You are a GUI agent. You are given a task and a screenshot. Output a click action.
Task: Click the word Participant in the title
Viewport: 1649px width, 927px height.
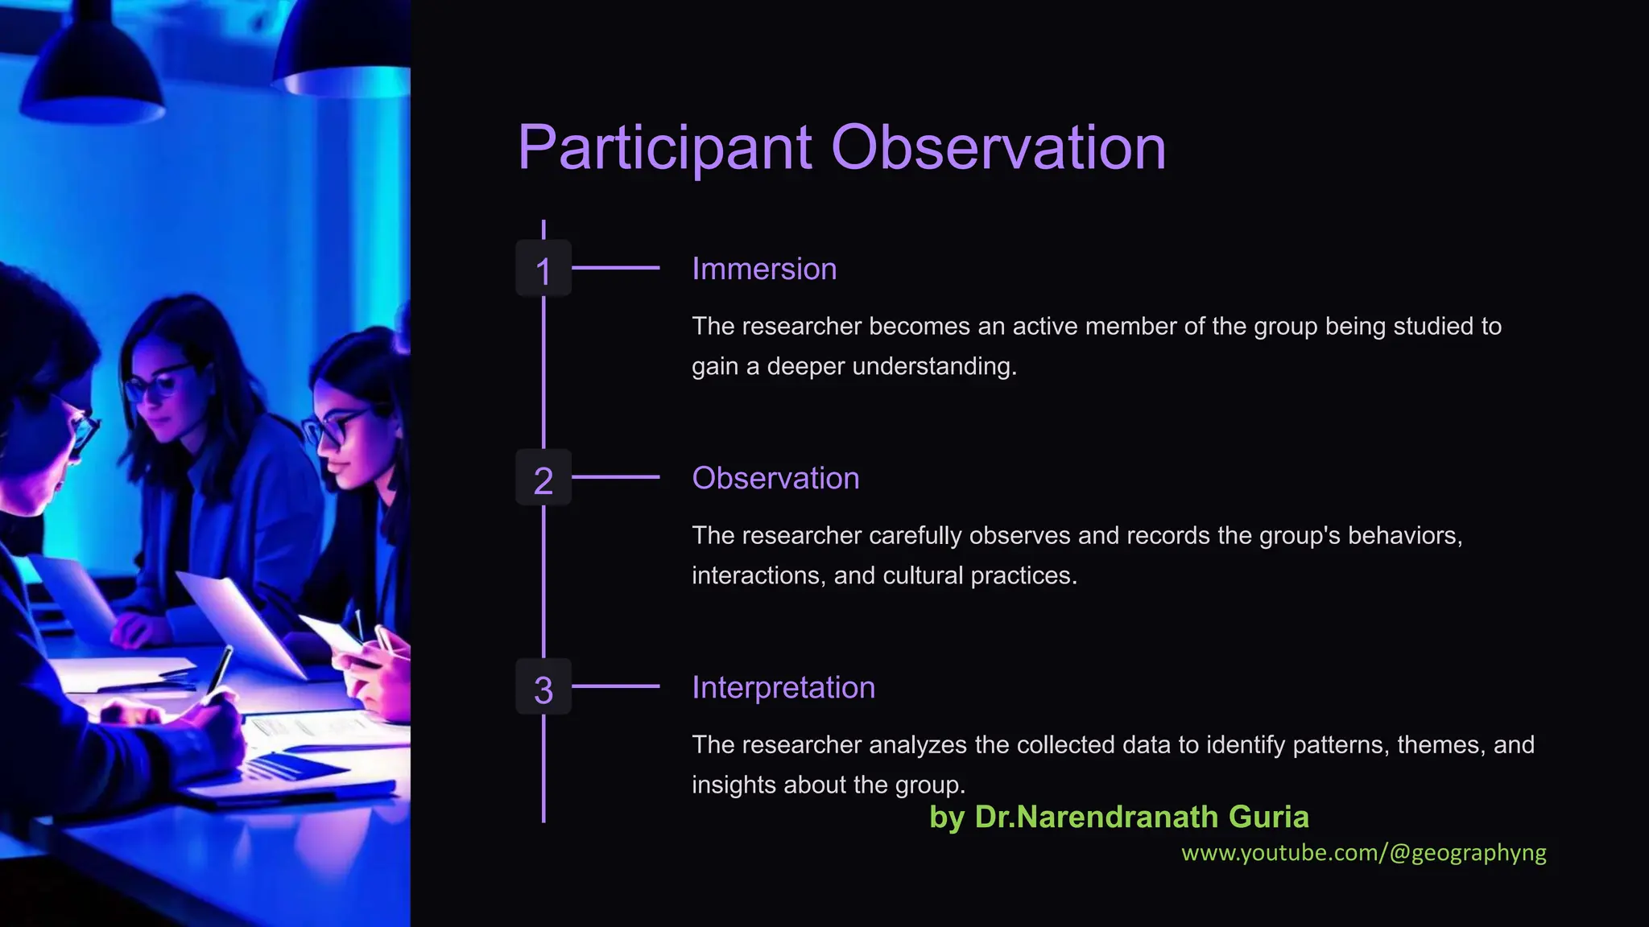click(664, 149)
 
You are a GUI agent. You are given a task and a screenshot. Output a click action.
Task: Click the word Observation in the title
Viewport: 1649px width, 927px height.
click(998, 149)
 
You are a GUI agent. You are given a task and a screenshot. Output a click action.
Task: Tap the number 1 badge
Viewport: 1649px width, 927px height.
click(543, 270)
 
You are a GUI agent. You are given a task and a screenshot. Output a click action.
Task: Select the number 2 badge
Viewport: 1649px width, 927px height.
click(543, 479)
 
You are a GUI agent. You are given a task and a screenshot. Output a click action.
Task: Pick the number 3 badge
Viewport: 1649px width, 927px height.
click(543, 688)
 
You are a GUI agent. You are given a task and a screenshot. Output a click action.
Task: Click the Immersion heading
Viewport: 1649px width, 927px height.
click(764, 269)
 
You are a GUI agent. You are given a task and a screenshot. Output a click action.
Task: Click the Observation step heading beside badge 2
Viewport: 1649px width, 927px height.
click(775, 478)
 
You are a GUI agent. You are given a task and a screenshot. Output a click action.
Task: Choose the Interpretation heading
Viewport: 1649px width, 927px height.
click(783, 687)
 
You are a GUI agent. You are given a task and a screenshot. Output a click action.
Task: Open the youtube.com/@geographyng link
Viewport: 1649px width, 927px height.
click(1363, 853)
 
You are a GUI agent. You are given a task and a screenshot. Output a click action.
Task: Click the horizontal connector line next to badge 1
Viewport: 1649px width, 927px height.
click(616, 267)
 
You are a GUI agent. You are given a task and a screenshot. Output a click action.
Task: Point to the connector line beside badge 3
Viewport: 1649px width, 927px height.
click(616, 686)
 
